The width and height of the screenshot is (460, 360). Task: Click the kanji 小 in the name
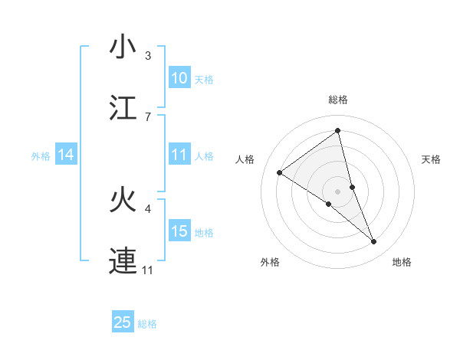[x=123, y=47]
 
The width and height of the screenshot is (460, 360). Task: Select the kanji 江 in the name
[x=123, y=108]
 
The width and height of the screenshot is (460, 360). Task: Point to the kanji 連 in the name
[x=123, y=261]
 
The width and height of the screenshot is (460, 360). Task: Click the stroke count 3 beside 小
[x=148, y=56]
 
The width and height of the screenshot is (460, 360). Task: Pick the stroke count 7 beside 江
[x=148, y=116]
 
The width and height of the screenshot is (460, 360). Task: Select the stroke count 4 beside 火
[x=148, y=208]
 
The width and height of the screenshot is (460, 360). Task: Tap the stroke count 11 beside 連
[x=148, y=270]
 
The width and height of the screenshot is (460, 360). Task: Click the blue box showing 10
[x=179, y=78]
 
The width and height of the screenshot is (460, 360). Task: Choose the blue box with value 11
[x=179, y=155]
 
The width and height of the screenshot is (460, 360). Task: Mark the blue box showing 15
[x=179, y=231]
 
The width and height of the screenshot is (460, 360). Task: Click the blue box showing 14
[x=66, y=155]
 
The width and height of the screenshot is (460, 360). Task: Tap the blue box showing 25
[x=123, y=322]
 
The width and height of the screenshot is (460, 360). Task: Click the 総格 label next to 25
[x=147, y=324]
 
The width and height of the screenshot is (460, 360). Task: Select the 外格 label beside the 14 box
[x=41, y=156]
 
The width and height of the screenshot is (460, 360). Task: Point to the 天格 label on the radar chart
[x=432, y=159]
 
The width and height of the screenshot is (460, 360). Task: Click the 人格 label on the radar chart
[x=245, y=159]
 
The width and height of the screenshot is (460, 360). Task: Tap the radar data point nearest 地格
[x=374, y=242]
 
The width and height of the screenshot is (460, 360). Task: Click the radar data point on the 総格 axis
[x=338, y=130]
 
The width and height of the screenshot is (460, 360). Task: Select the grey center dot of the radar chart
[x=338, y=191]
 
